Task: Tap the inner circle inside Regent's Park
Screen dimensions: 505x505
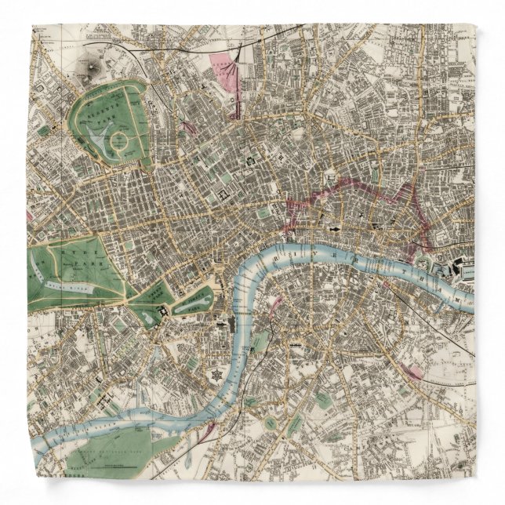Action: (x=121, y=142)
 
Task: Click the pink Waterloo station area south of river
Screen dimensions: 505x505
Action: (x=275, y=307)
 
